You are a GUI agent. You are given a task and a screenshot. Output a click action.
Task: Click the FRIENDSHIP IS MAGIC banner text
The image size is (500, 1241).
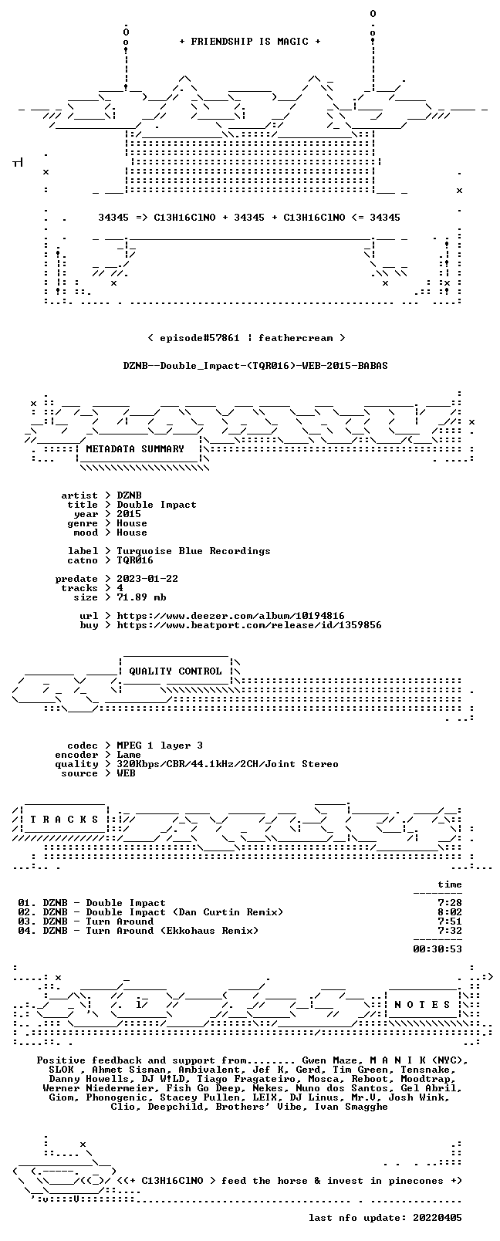coord(250,42)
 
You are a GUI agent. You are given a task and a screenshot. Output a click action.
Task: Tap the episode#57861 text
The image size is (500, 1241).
coord(199,338)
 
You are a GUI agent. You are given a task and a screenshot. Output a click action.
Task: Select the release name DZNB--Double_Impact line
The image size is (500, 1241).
coord(255,366)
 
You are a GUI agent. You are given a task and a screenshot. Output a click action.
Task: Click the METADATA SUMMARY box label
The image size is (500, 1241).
coord(135,448)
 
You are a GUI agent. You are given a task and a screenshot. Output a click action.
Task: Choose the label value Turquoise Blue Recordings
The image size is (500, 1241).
coord(193,551)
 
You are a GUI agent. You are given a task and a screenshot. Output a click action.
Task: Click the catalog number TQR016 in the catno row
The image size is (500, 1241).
coord(134,560)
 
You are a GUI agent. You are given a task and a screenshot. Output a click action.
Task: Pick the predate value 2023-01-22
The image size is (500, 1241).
coord(147,579)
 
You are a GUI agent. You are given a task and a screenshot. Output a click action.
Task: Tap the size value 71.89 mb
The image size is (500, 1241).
coord(141,597)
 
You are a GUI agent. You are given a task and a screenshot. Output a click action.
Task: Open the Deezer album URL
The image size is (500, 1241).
coord(231,616)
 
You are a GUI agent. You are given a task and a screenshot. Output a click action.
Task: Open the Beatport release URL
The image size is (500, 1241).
coord(248,625)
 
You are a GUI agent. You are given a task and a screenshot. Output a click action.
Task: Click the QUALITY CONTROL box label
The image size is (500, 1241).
coord(175,671)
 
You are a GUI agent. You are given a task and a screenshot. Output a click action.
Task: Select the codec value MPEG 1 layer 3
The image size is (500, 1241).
coord(160,746)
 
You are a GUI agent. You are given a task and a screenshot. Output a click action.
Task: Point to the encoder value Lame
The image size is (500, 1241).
coord(128,755)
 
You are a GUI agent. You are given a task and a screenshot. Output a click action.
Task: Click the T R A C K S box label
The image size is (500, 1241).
coord(64,820)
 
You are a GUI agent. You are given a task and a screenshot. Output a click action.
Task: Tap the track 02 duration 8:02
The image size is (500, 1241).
coord(450,912)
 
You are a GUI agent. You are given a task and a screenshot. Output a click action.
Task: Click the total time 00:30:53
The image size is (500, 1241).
coord(437,949)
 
